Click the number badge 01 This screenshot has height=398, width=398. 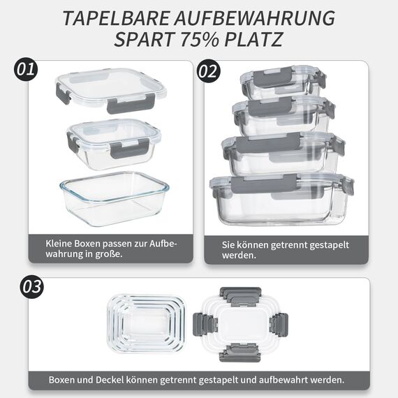[26, 70]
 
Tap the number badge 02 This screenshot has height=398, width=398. [208, 71]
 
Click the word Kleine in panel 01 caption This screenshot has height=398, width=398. [61, 244]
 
